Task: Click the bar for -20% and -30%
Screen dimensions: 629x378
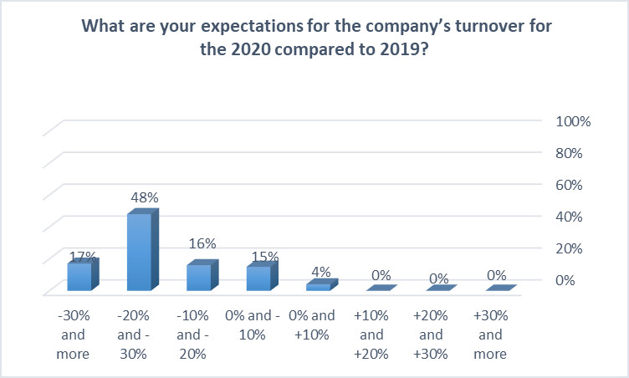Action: pos(143,249)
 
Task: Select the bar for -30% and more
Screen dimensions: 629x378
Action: pos(83,274)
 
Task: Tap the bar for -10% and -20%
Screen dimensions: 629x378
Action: pos(202,275)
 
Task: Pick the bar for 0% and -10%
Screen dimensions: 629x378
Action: pos(263,276)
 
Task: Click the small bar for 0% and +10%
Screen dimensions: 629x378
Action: pos(322,285)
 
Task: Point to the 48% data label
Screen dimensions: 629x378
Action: pos(145,197)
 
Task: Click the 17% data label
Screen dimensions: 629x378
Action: pos(83,257)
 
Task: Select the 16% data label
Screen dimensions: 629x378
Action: pos(202,243)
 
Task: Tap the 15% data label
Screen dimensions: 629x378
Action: pos(265,257)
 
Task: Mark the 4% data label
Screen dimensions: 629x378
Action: pos(321,272)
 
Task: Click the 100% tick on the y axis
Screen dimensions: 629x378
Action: pos(573,121)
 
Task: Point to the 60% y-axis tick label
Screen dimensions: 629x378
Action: pos(569,185)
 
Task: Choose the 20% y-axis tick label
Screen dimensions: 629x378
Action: pos(569,248)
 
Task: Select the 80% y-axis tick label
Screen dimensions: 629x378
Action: pos(569,153)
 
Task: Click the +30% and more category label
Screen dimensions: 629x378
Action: pos(490,335)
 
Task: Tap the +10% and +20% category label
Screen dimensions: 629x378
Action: pos(371,335)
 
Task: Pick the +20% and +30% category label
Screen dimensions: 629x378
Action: pos(431,335)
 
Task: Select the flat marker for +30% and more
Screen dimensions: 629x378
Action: pos(501,288)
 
